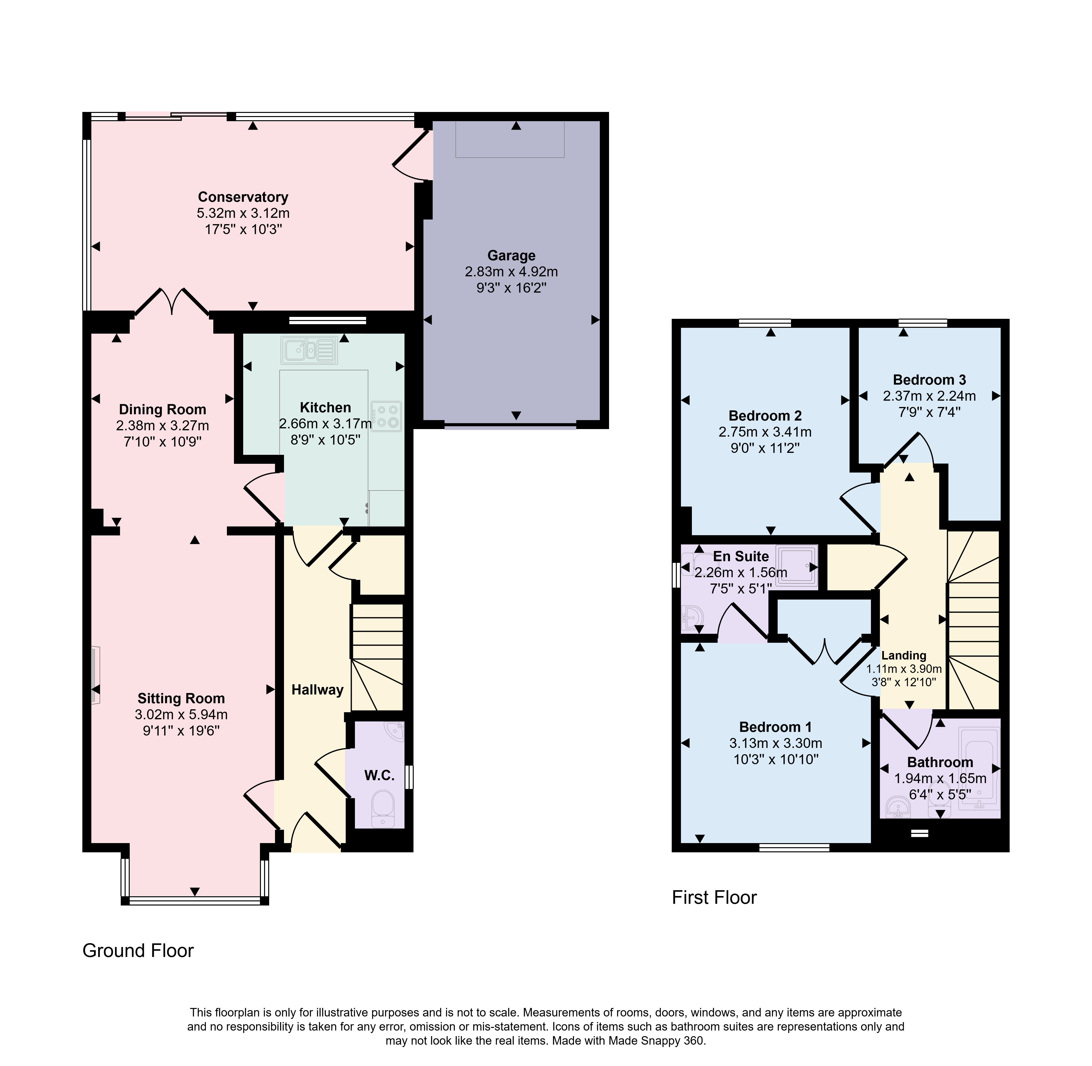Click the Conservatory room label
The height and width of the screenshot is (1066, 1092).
tap(243, 197)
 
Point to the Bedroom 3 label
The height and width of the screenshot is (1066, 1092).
tap(929, 380)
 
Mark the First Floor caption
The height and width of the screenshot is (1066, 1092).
tap(714, 897)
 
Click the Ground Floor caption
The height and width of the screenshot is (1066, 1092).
tap(138, 951)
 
